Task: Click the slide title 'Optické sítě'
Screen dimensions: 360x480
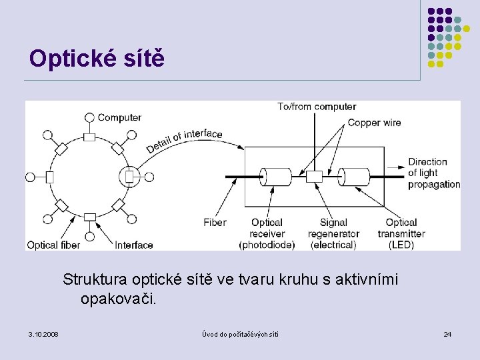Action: pos(96,59)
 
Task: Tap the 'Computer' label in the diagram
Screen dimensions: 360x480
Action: pos(119,117)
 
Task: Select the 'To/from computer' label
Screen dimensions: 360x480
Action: pos(317,107)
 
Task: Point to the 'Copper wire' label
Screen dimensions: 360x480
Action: pos(374,123)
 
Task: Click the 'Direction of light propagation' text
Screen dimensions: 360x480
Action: pos(433,173)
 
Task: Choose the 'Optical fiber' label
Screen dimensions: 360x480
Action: pos(53,245)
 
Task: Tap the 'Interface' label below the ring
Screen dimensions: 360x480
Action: pos(134,245)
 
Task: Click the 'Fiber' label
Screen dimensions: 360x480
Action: pos(215,223)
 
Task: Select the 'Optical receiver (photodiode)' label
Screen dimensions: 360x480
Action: pos(267,233)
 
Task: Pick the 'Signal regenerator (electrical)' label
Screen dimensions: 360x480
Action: pos(333,233)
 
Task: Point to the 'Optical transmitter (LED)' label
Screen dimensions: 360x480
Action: pos(401,233)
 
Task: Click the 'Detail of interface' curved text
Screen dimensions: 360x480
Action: pos(184,141)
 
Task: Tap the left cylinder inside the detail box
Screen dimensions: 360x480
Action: pos(276,177)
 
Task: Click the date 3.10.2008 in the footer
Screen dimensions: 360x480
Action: pos(43,333)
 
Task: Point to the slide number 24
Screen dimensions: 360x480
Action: pos(447,333)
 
